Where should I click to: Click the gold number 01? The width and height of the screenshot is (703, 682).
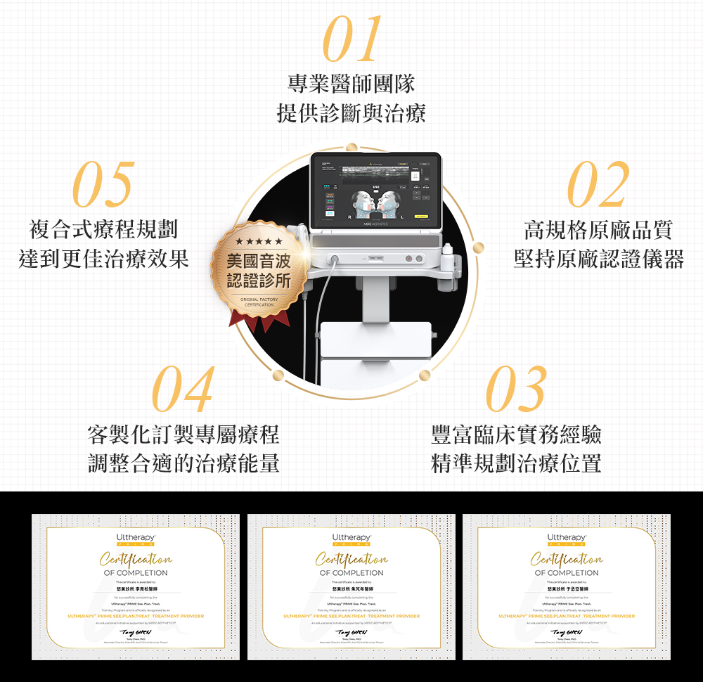click(x=352, y=39)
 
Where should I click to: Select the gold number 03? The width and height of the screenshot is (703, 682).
click(x=517, y=390)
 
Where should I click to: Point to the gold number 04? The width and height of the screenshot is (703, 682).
click(x=183, y=390)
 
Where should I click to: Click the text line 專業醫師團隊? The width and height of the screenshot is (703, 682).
click(x=351, y=84)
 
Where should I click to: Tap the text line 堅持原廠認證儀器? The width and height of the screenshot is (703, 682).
click(x=598, y=259)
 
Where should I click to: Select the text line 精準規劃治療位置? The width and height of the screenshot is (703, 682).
click(x=517, y=463)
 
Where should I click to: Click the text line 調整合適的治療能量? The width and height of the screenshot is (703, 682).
click(x=183, y=463)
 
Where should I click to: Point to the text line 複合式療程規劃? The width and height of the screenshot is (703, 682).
click(x=103, y=229)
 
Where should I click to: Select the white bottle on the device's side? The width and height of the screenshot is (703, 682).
click(x=447, y=252)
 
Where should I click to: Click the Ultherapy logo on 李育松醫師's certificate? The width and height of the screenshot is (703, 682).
click(x=136, y=539)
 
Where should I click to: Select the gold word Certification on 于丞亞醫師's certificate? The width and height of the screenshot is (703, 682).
click(x=567, y=560)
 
